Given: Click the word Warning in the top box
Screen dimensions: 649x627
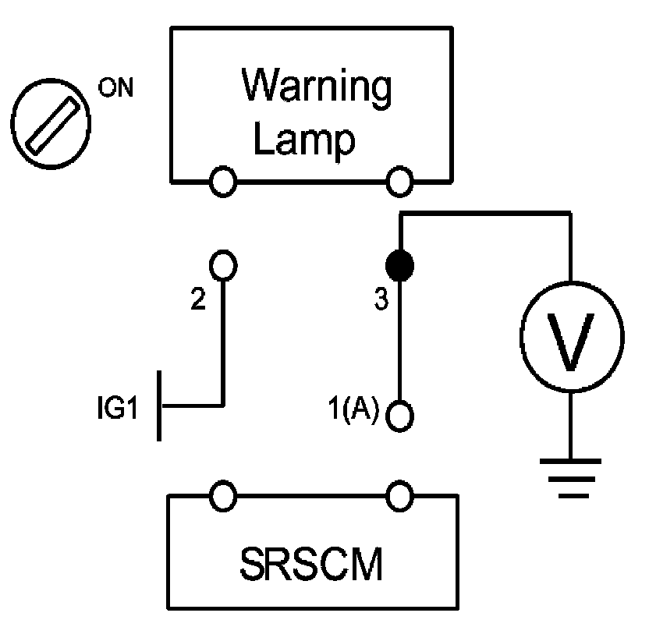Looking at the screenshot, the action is (x=317, y=87).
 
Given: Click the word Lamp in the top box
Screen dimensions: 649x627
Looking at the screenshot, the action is (x=304, y=140).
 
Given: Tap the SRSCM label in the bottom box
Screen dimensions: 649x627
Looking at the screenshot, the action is (x=311, y=564).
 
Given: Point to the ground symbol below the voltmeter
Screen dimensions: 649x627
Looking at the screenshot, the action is (x=570, y=478).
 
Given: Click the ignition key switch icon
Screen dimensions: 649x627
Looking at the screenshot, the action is (x=51, y=123).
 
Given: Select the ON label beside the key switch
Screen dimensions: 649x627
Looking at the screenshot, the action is (x=116, y=88).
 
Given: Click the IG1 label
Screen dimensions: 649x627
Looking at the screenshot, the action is (x=117, y=408).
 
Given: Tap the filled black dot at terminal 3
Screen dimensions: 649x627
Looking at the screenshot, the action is (x=399, y=265).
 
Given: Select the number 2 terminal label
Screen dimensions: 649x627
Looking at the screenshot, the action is (x=198, y=299).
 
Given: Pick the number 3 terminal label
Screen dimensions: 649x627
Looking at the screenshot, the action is (x=381, y=299).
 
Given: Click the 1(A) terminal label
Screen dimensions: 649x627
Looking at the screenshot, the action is (x=353, y=408).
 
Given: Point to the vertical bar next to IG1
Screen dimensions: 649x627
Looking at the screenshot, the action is (x=159, y=406).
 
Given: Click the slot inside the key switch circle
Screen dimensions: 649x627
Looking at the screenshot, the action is (x=52, y=126).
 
